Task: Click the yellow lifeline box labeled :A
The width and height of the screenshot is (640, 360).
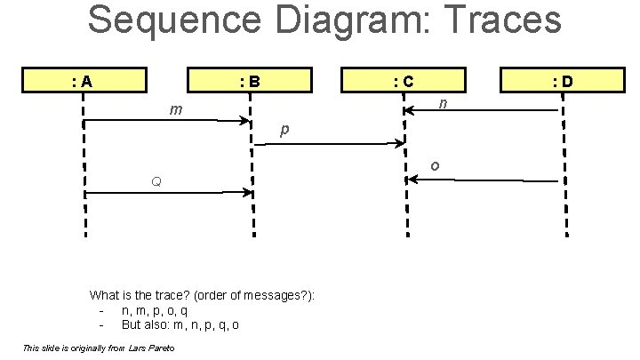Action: pyautogui.click(x=84, y=82)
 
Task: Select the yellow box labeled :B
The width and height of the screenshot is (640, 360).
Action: pyautogui.click(x=250, y=82)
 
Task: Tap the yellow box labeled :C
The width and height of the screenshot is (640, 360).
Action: pyautogui.click(x=404, y=82)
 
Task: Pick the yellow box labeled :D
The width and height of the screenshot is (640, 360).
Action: pyautogui.click(x=563, y=82)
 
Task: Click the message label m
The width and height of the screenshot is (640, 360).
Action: pyautogui.click(x=177, y=110)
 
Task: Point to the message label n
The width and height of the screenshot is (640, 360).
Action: pyautogui.click(x=444, y=104)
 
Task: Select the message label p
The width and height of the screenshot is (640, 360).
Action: pyautogui.click(x=284, y=130)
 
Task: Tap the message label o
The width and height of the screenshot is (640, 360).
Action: pyautogui.click(x=434, y=165)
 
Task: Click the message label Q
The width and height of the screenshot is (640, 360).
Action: pyautogui.click(x=156, y=182)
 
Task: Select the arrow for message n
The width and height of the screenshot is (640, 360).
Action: pyautogui.click(x=482, y=110)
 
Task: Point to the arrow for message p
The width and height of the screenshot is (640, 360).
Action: pyautogui.click(x=329, y=142)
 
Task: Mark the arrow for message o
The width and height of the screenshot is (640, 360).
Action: pyautogui.click(x=482, y=180)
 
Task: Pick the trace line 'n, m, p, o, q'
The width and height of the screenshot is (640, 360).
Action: pyautogui.click(x=154, y=310)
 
